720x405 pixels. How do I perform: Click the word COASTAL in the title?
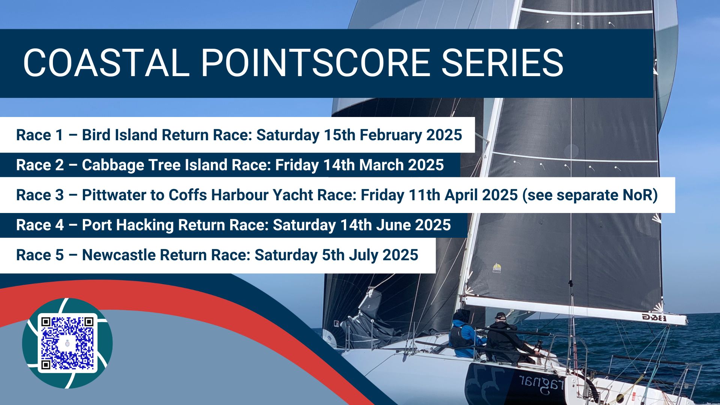point(106,63)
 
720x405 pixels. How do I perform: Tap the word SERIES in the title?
point(502,63)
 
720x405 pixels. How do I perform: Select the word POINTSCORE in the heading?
point(315,63)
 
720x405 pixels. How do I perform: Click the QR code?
point(67,343)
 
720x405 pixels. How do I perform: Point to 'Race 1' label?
point(40,135)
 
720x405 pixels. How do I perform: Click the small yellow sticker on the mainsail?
point(496,268)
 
